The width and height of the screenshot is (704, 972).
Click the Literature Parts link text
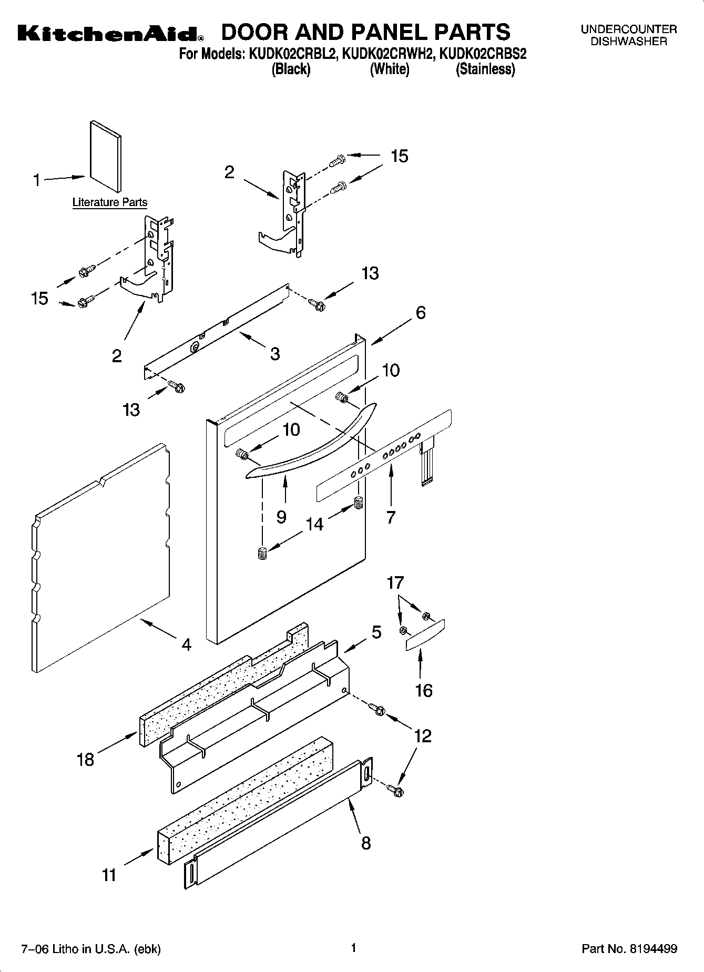(109, 202)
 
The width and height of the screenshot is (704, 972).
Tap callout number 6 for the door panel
(421, 313)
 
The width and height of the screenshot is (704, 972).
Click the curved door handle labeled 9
(315, 447)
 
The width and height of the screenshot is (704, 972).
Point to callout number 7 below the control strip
(390, 517)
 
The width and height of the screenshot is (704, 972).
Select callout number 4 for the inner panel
(186, 644)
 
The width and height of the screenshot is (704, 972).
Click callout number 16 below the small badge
(423, 690)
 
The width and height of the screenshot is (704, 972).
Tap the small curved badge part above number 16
(425, 635)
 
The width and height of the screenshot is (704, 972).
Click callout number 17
(395, 582)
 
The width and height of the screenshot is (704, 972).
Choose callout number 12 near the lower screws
(423, 735)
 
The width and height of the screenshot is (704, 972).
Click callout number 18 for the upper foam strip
(85, 759)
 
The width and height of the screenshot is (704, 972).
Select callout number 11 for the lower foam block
(109, 875)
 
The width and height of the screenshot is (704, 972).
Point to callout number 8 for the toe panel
(366, 843)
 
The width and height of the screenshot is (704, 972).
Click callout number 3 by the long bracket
(274, 354)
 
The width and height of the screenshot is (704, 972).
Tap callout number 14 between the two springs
(314, 524)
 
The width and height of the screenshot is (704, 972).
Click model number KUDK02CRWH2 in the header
(389, 54)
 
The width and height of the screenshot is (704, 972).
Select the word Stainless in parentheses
(484, 69)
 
